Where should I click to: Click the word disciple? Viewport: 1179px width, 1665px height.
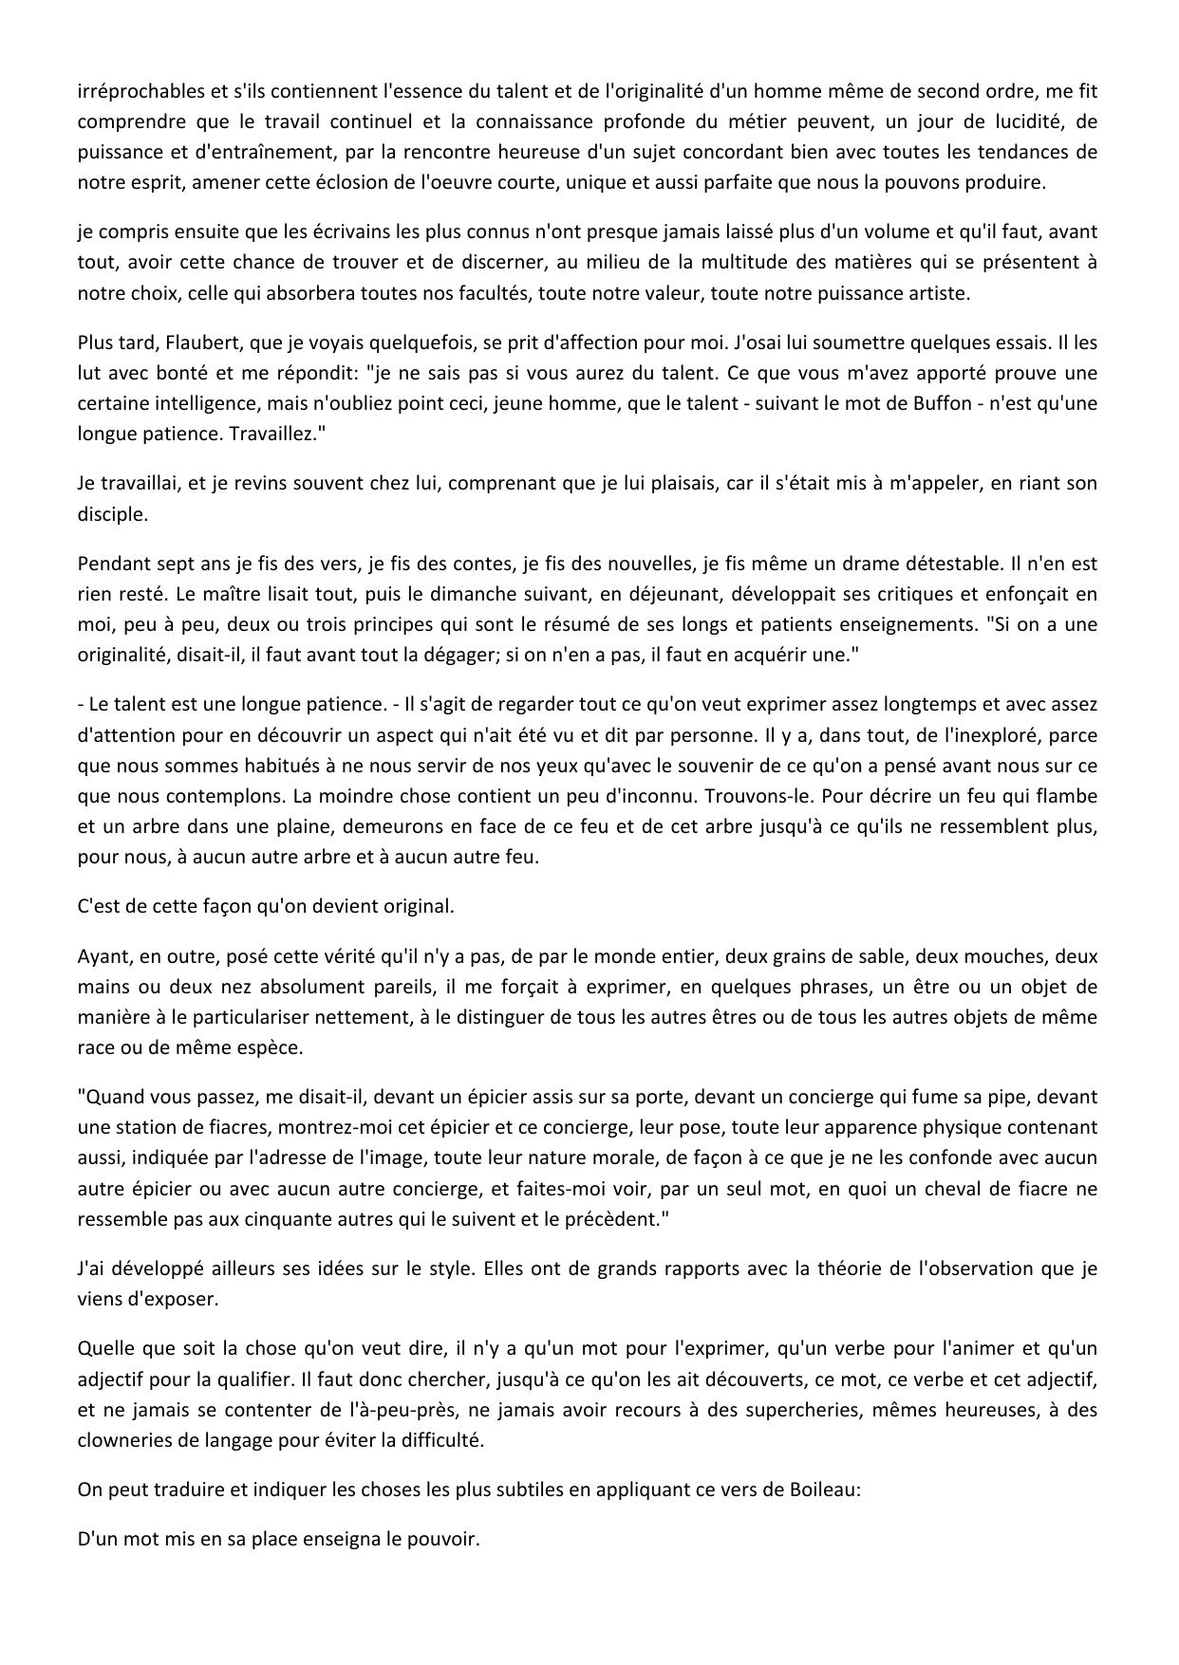click(x=112, y=513)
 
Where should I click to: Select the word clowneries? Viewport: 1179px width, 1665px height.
click(x=122, y=1439)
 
